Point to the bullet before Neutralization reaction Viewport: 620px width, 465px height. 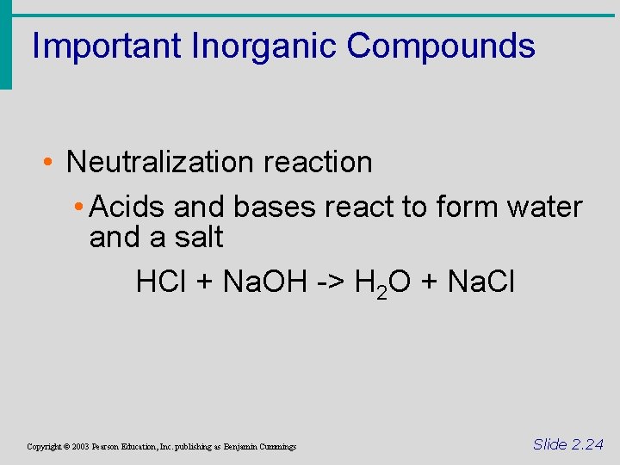tap(51, 163)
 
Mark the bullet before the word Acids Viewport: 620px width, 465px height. tap(78, 208)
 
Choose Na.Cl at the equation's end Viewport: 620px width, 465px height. tap(481, 282)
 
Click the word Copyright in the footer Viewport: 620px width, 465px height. tap(44, 447)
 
